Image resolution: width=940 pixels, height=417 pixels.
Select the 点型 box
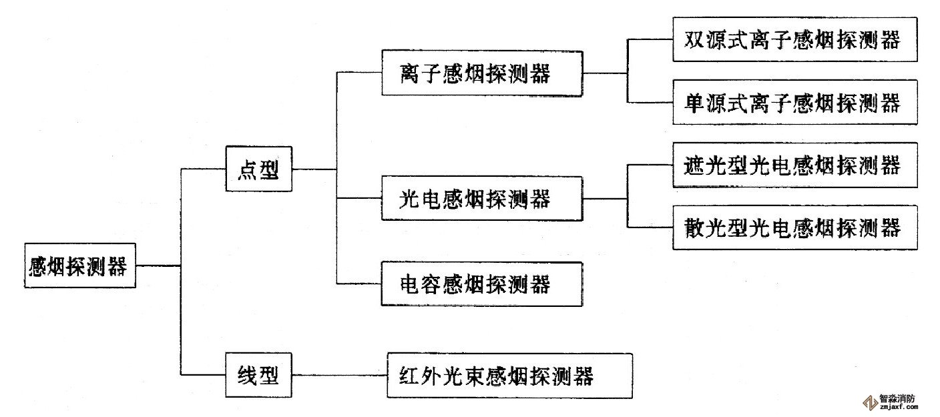click(x=258, y=169)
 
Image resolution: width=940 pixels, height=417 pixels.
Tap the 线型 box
click(x=258, y=376)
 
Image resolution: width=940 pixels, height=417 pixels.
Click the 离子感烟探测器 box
click(x=481, y=72)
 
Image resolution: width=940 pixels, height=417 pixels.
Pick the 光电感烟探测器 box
click(x=481, y=198)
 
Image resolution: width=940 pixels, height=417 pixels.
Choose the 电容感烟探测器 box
click(x=481, y=285)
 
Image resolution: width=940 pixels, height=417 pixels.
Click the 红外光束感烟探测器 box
click(x=509, y=376)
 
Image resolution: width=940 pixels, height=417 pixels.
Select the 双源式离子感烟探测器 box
click(x=794, y=39)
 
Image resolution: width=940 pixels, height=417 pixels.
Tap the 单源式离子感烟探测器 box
click(x=794, y=103)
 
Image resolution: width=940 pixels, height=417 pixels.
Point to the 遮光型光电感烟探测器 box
click(x=794, y=165)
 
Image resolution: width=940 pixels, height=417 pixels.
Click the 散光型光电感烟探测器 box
click(x=794, y=228)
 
